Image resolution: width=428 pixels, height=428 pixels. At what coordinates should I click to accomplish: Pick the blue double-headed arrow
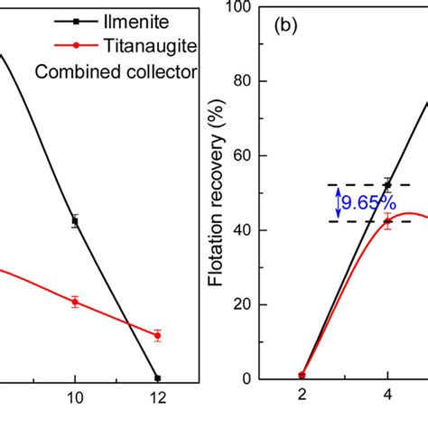(x=338, y=203)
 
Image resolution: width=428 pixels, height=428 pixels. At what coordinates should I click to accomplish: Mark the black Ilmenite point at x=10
(x=75, y=219)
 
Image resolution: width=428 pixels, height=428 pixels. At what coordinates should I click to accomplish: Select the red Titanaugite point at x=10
(x=75, y=302)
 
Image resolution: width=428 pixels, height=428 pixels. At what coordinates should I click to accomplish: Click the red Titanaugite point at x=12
(x=158, y=335)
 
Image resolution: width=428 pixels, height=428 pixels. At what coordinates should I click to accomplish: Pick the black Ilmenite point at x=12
(x=158, y=377)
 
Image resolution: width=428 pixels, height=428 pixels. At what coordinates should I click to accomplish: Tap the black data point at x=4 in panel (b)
(x=387, y=184)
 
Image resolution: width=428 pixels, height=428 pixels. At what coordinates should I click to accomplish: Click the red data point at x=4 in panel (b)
(x=387, y=220)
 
